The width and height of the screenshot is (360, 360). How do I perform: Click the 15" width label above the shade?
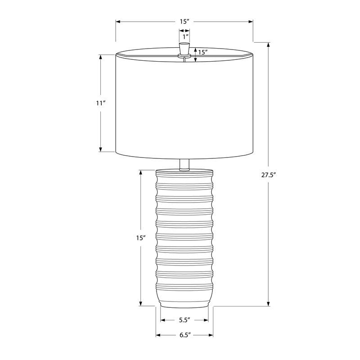click(x=184, y=22)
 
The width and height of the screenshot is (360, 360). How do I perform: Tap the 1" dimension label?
click(x=185, y=36)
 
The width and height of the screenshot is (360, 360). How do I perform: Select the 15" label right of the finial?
click(x=203, y=52)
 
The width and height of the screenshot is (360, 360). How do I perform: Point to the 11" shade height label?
click(x=100, y=103)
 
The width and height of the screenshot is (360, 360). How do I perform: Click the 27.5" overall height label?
click(x=268, y=175)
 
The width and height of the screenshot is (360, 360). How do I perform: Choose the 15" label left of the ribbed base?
click(x=141, y=238)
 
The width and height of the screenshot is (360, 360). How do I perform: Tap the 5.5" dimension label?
click(x=184, y=320)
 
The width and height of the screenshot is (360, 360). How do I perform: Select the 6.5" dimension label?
click(x=185, y=335)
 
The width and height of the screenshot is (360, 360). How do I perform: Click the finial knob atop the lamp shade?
click(x=184, y=49)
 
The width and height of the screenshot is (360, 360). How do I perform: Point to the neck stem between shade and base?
click(x=184, y=165)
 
